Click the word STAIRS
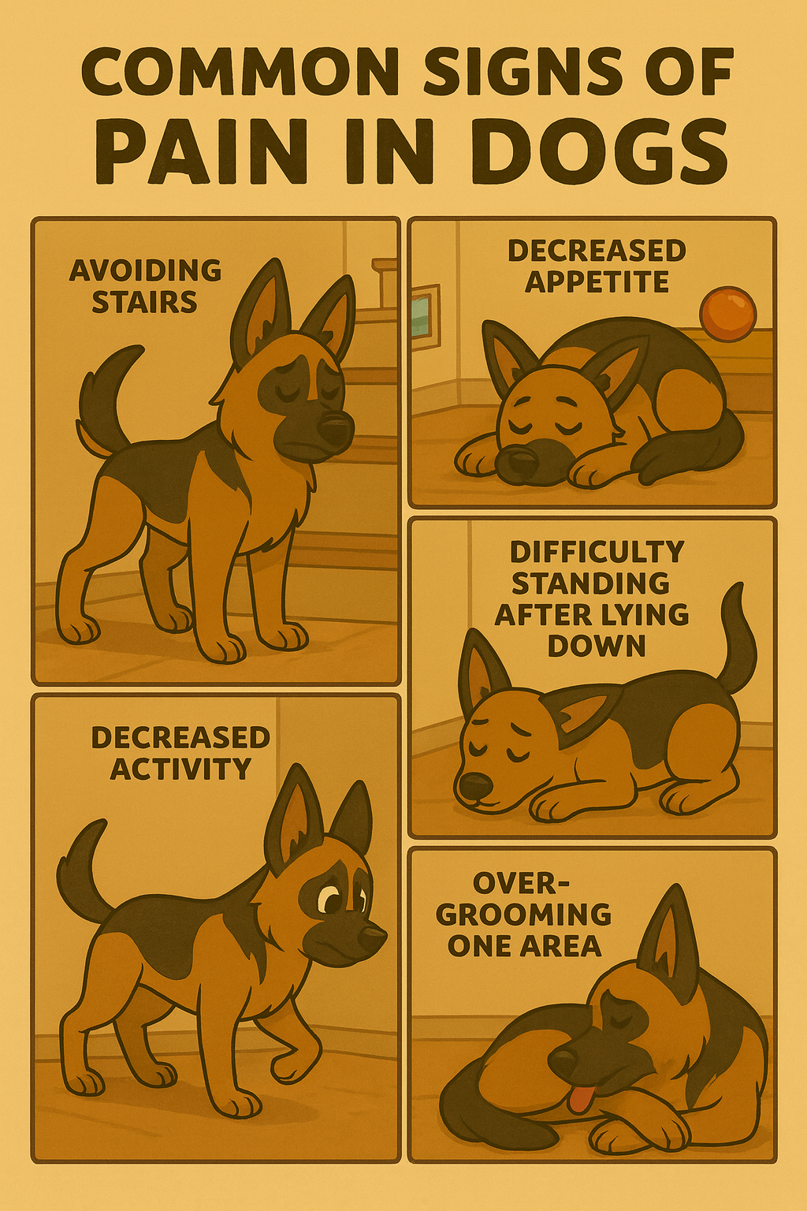click(144, 303)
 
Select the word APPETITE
click(597, 281)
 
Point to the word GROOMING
click(524, 915)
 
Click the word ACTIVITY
click(180, 768)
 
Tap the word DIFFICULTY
click(597, 552)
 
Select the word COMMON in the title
click(238, 76)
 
